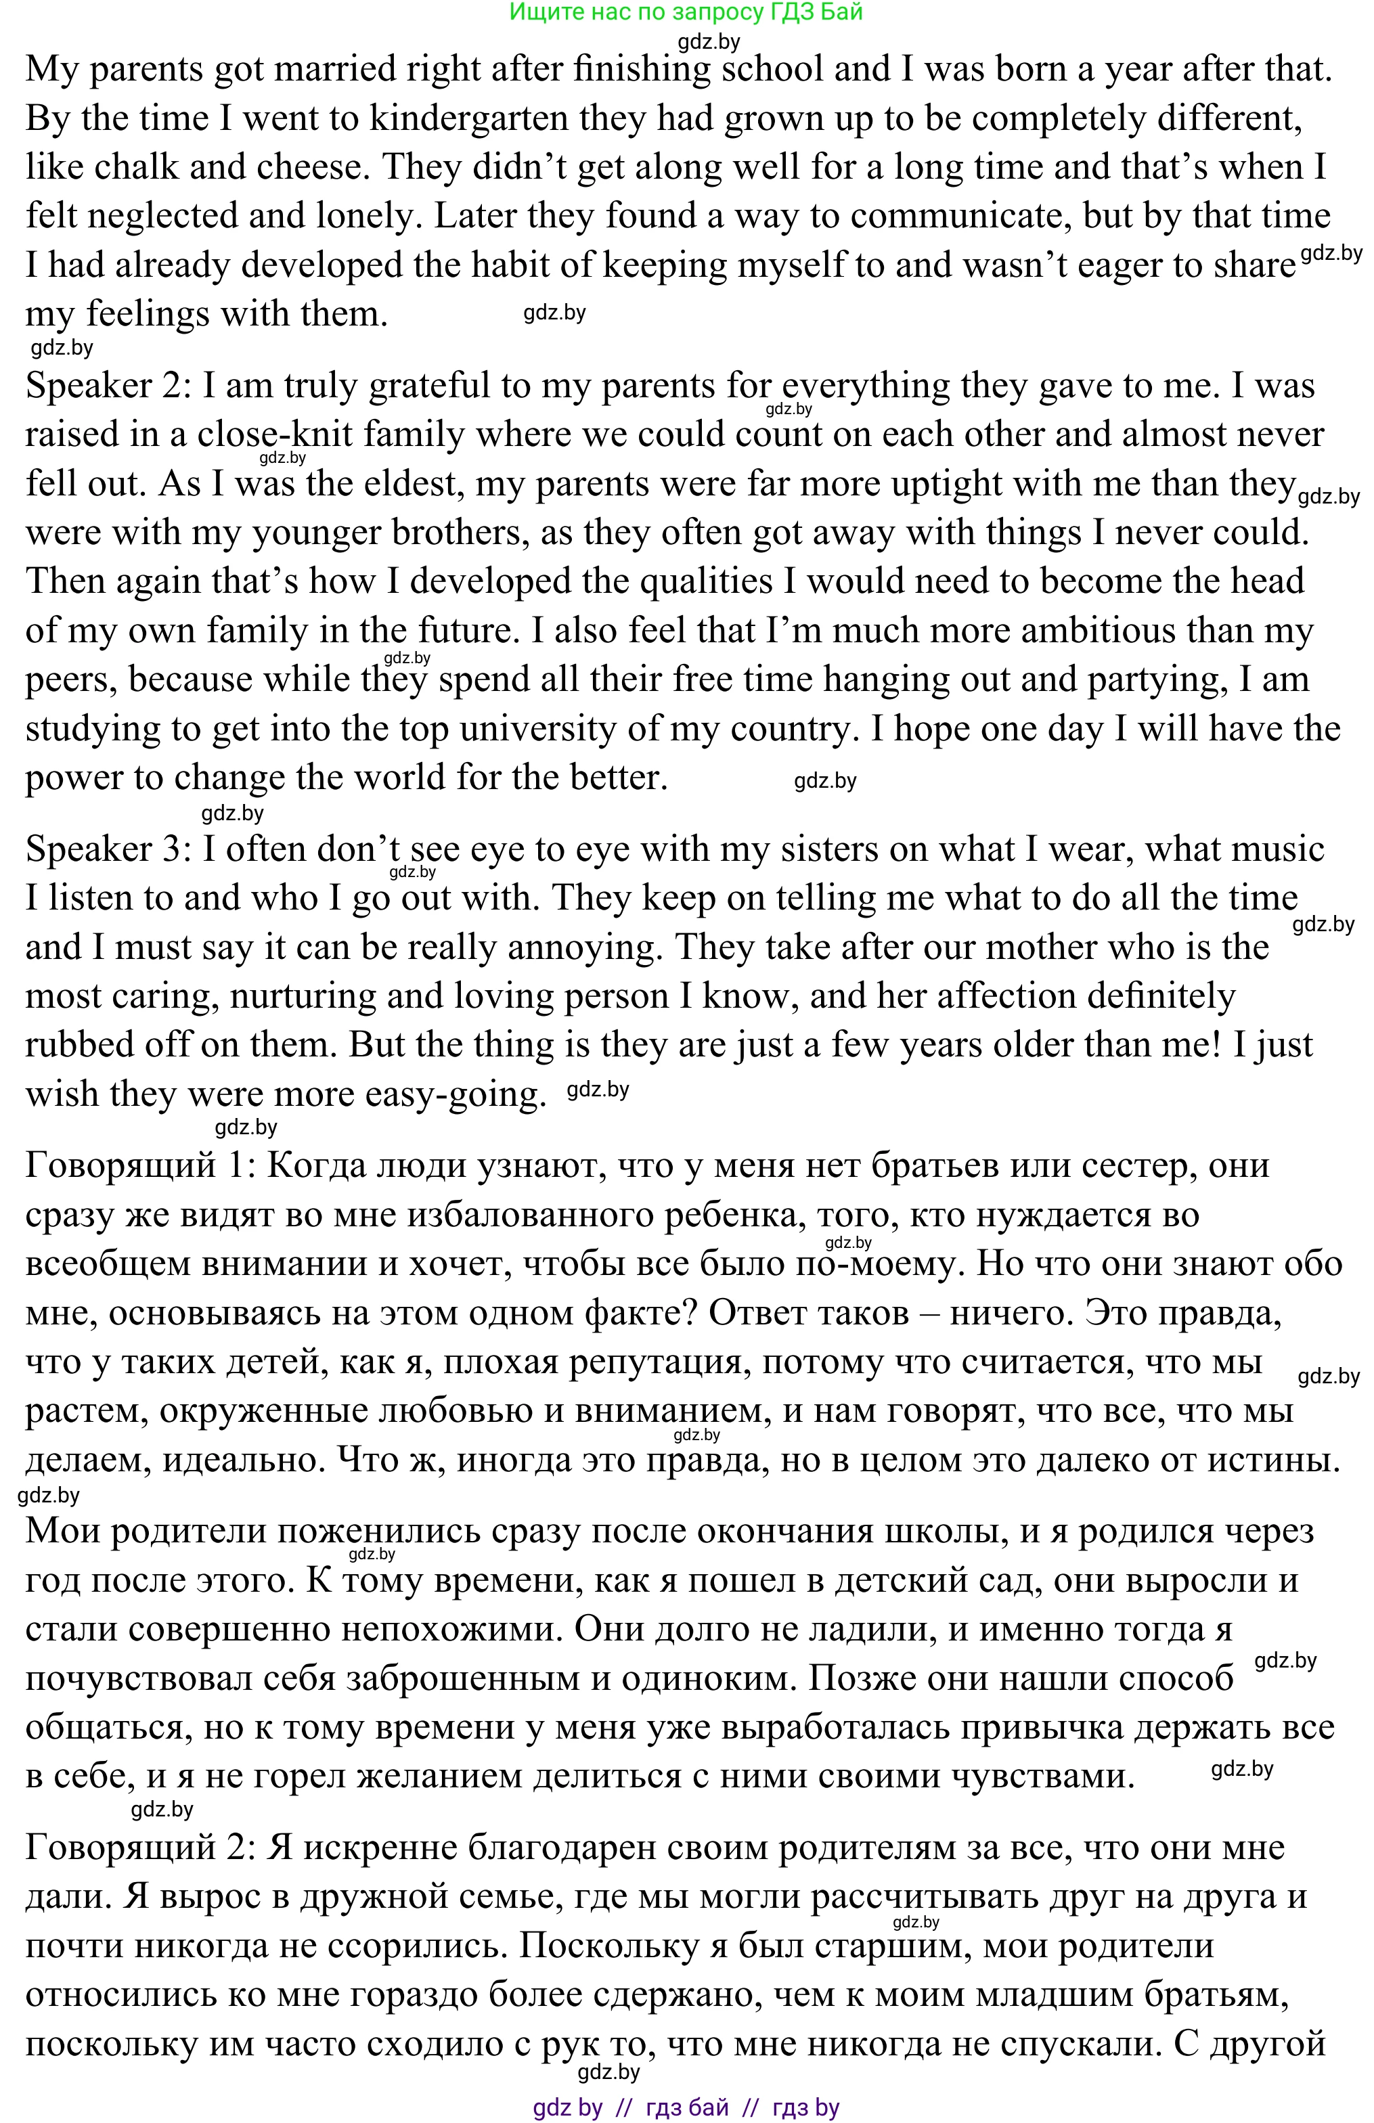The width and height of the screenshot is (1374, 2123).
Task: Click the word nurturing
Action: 303,996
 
